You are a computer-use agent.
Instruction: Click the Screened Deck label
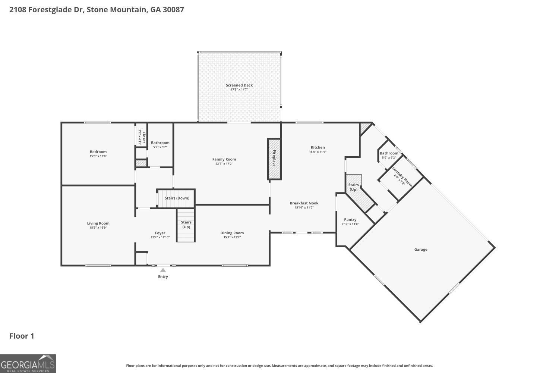pyautogui.click(x=239, y=85)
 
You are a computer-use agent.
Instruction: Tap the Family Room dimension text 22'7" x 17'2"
pyautogui.click(x=224, y=164)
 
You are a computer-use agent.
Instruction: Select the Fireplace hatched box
pyautogui.click(x=274, y=159)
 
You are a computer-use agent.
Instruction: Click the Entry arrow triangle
pyautogui.click(x=163, y=270)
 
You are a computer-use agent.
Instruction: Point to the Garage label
pyautogui.click(x=421, y=250)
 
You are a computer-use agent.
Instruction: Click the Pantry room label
pyautogui.click(x=350, y=220)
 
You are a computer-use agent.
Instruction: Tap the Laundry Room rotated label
pyautogui.click(x=402, y=176)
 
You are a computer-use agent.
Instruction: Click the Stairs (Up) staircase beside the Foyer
pyautogui.click(x=186, y=226)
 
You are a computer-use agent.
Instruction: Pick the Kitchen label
pyautogui.click(x=318, y=147)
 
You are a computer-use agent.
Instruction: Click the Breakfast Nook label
pyautogui.click(x=304, y=203)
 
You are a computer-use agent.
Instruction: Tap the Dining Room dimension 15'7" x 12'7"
pyautogui.click(x=232, y=237)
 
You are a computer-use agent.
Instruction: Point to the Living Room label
pyautogui.click(x=98, y=223)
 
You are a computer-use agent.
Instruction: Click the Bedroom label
pyautogui.click(x=98, y=152)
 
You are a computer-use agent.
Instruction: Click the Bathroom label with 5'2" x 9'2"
pyautogui.click(x=160, y=143)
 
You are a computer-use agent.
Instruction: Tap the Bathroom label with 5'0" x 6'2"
pyautogui.click(x=389, y=153)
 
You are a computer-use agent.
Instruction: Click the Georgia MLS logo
pyautogui.click(x=28, y=364)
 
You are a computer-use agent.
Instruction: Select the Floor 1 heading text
pyautogui.click(x=22, y=336)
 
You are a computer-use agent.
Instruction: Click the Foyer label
pyautogui.click(x=160, y=233)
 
